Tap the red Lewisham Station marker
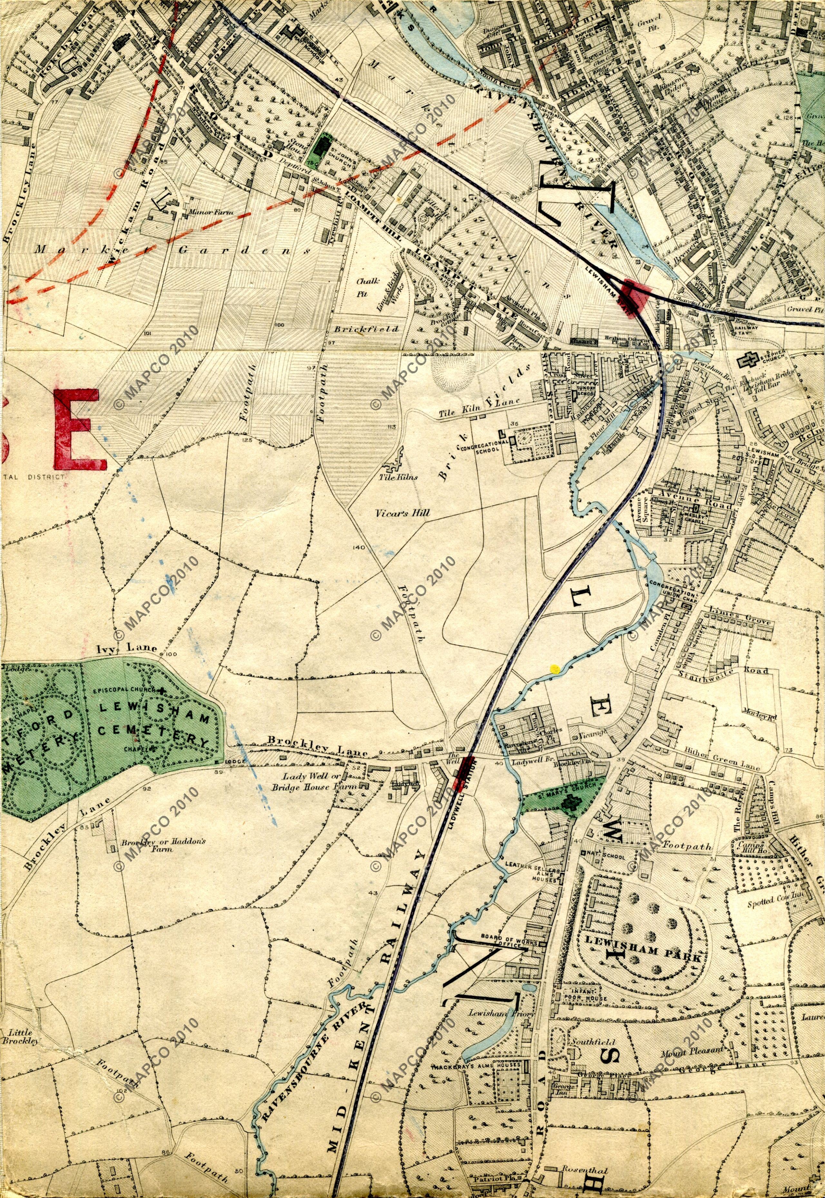(635, 295)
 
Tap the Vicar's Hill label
(403, 513)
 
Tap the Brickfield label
(366, 329)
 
